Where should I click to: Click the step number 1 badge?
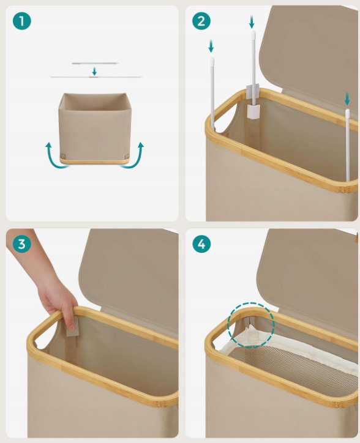click(x=22, y=21)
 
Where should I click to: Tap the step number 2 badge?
click(x=201, y=21)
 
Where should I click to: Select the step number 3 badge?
click(x=22, y=244)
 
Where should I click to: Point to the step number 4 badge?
click(x=201, y=244)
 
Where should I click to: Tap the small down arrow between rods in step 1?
click(x=94, y=71)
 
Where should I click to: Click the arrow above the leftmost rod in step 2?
click(x=211, y=47)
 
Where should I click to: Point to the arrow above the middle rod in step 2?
click(x=252, y=22)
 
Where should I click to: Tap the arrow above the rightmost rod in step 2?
click(x=347, y=99)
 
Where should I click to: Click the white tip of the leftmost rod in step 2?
click(x=212, y=61)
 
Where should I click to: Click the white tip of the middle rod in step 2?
click(x=253, y=34)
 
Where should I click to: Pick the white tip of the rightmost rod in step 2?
click(x=347, y=113)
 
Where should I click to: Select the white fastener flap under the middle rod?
click(x=253, y=111)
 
